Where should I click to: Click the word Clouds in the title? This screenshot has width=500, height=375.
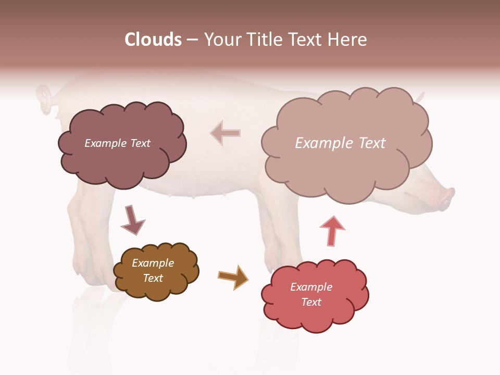coord(153,40)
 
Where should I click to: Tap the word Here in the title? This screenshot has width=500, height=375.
coord(347,40)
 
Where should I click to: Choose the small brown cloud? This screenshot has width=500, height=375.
coord(156,271)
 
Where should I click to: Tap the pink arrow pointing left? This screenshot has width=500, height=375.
coord(225,133)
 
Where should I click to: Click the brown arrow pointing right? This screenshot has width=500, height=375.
coord(233,277)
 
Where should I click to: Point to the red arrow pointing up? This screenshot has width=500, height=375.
coord(332,231)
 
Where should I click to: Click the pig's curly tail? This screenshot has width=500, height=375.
coord(45,98)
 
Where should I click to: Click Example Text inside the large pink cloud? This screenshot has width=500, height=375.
coord(340,143)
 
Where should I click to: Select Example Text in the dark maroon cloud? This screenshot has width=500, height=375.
coord(117,143)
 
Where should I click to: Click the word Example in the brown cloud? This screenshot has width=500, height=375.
coord(153,263)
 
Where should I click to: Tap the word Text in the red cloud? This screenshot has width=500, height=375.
coord(311,302)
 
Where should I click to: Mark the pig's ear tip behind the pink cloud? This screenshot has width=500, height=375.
coord(421,96)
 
